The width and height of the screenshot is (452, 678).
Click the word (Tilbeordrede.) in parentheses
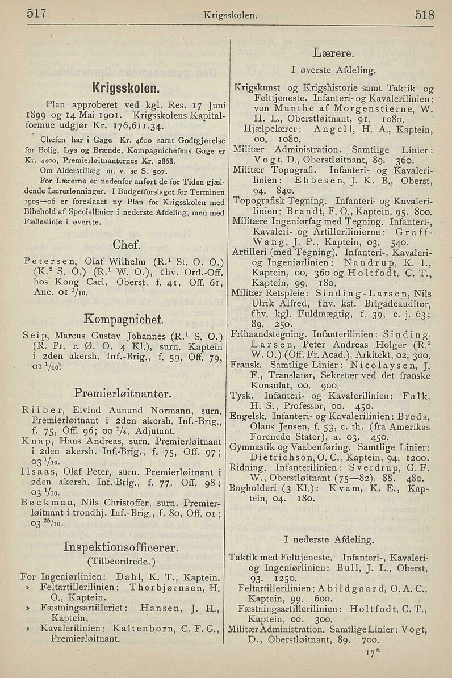(122, 563)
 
